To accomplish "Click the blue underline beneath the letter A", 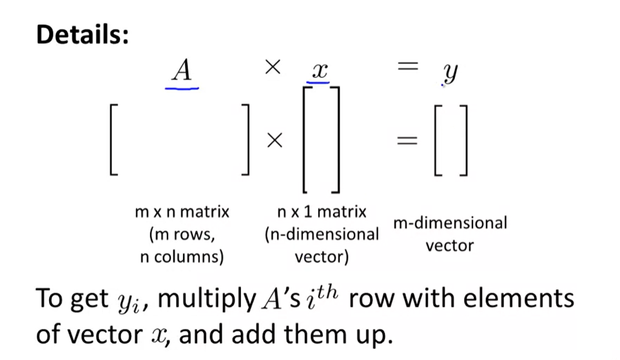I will [x=182, y=87].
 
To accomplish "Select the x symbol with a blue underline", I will [x=318, y=70].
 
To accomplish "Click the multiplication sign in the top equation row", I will [x=273, y=68].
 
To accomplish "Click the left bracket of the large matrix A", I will [x=113, y=141].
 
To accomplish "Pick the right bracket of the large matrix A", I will [x=245, y=141].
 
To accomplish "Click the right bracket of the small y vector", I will [x=463, y=141].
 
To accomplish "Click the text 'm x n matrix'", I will [x=182, y=212].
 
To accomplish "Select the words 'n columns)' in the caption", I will [x=182, y=258].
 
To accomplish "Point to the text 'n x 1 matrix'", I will [x=322, y=212].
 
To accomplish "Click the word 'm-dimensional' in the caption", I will [x=450, y=223].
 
